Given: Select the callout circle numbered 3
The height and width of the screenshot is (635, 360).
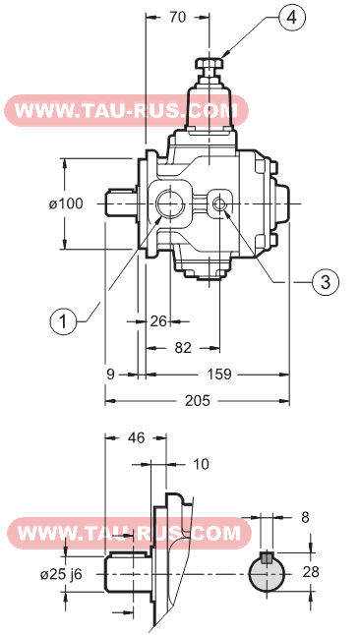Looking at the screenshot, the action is pyautogui.click(x=326, y=282).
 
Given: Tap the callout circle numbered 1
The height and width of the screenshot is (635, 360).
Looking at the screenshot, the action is pyautogui.click(x=63, y=321).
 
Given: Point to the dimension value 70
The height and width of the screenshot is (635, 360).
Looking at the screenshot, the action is pyautogui.click(x=177, y=17).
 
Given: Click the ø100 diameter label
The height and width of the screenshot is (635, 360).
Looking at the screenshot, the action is pyautogui.click(x=66, y=203).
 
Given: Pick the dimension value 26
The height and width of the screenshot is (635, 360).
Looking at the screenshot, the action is pyautogui.click(x=158, y=321).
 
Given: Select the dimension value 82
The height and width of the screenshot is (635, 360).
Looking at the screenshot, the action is pyautogui.click(x=182, y=347).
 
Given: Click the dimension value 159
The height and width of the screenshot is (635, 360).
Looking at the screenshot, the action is pyautogui.click(x=219, y=375).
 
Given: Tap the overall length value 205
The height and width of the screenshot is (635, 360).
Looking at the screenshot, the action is pyautogui.click(x=198, y=401).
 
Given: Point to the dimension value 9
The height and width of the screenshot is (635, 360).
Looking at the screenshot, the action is pyautogui.click(x=111, y=375).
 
